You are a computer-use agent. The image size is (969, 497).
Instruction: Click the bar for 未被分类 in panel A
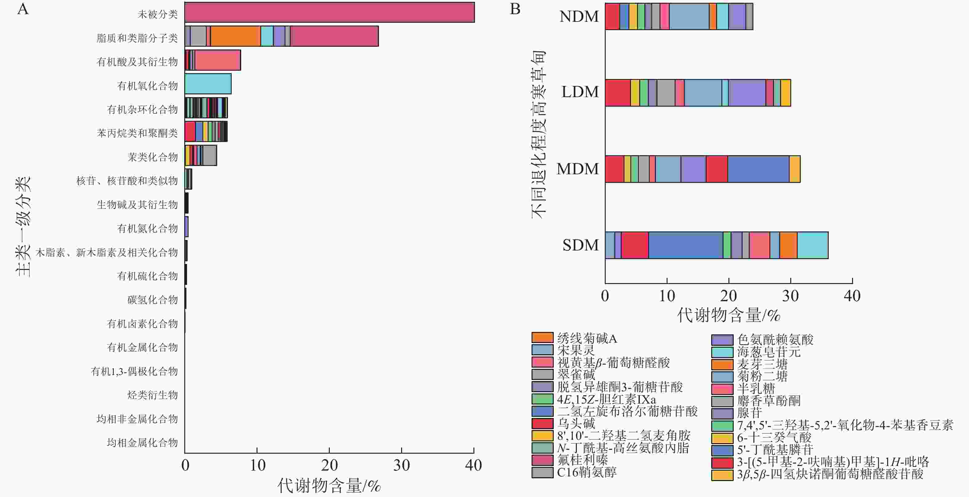pyautogui.click(x=329, y=12)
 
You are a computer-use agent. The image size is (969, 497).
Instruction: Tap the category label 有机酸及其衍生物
pyautogui.click(x=137, y=62)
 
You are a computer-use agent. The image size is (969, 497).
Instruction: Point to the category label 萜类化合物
pyautogui.click(x=152, y=157)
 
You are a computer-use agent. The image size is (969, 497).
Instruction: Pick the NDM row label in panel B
pyautogui.click(x=579, y=17)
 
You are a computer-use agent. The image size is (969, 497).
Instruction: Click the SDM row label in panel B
pyautogui.click(x=580, y=245)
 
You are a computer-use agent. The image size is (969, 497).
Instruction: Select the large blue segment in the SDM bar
pyautogui.click(x=685, y=245)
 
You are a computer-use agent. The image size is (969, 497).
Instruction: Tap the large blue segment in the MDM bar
pyautogui.click(x=758, y=169)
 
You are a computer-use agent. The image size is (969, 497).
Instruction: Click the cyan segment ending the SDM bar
pyautogui.click(x=812, y=245)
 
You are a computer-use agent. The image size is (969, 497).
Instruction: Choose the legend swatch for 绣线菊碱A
pyautogui.click(x=542, y=337)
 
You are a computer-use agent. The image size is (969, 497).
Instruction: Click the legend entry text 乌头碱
pyautogui.click(x=576, y=423)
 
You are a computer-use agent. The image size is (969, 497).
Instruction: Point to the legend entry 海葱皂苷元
pyautogui.click(x=768, y=352)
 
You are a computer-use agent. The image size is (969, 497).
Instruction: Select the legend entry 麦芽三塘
pyautogui.click(x=762, y=364)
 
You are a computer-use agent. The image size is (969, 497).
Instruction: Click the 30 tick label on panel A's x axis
pyautogui.click(x=401, y=466)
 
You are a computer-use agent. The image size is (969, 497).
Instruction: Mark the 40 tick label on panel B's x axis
pyautogui.click(x=852, y=296)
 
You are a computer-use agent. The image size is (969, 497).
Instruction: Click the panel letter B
pyautogui.click(x=515, y=9)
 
